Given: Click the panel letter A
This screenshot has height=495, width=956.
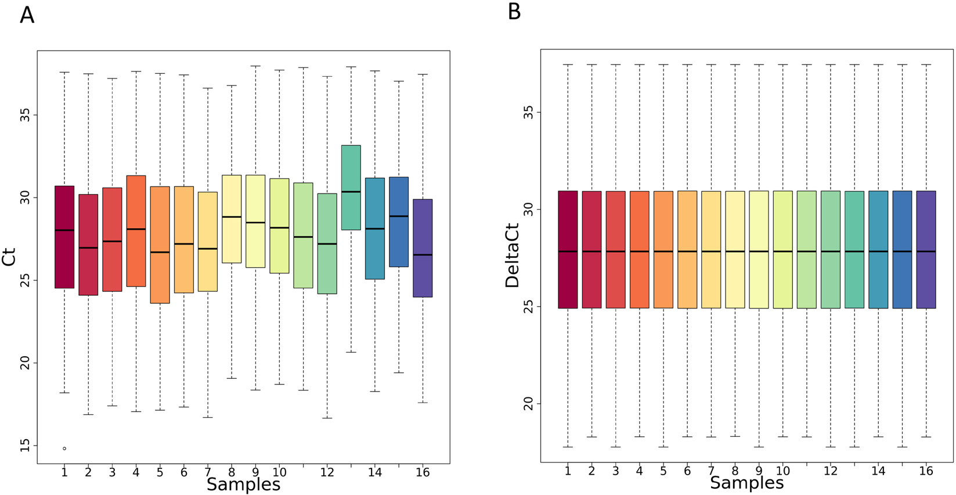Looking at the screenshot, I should click(x=27, y=15).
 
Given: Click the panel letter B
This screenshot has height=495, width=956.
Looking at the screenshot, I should click(x=514, y=12).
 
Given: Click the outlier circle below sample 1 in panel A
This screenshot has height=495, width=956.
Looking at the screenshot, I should click(x=64, y=449).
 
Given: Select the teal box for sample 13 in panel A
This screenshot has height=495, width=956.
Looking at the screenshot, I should click(x=351, y=187).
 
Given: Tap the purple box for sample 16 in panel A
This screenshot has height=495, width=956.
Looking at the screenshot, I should click(x=423, y=248).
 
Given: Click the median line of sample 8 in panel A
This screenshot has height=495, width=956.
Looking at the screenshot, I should click(x=232, y=217).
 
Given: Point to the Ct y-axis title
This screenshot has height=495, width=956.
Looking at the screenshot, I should click(x=9, y=256).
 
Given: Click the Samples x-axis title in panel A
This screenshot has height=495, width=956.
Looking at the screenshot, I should click(x=243, y=485).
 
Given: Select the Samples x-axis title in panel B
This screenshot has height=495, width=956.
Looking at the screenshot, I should click(x=746, y=483).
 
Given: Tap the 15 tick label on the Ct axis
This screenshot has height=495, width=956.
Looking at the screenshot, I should click(x=24, y=446).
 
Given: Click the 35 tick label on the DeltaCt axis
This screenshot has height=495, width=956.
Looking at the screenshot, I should click(x=528, y=112).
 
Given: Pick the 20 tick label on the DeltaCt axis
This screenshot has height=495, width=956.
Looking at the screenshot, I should click(x=528, y=404).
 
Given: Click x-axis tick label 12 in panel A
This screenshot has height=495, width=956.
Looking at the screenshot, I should click(x=327, y=472).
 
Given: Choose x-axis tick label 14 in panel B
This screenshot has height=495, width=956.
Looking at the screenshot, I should click(x=878, y=471).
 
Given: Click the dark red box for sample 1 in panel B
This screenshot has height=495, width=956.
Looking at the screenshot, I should click(x=568, y=250).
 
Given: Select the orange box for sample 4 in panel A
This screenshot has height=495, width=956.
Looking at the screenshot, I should click(x=136, y=231).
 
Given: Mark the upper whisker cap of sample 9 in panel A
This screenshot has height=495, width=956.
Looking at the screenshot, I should click(x=255, y=66).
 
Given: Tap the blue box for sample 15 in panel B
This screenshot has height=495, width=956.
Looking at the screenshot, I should click(x=902, y=250).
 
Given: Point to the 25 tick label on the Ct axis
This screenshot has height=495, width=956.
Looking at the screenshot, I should click(x=24, y=281).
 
